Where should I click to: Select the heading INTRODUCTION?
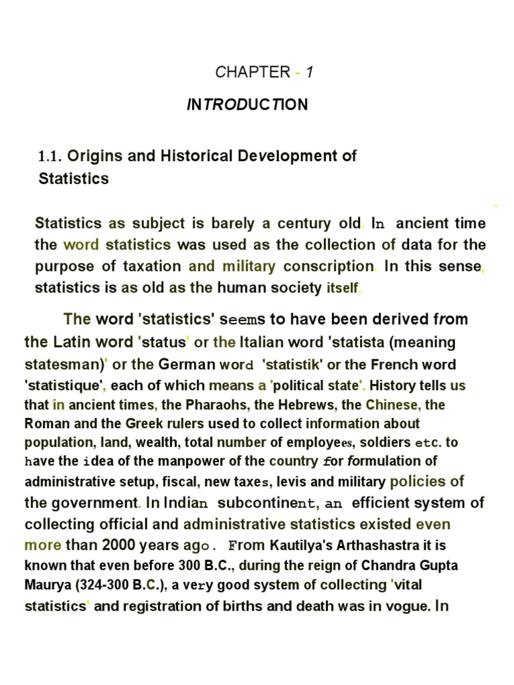(247, 105)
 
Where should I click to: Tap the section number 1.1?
(51, 157)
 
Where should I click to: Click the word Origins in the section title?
(95, 156)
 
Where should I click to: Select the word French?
(404, 365)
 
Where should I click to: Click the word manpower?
(189, 462)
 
